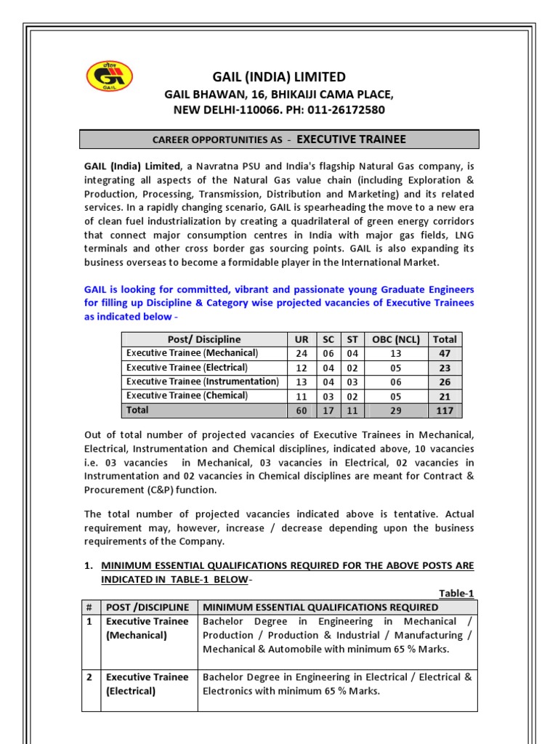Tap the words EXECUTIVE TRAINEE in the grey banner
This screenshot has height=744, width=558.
(352, 139)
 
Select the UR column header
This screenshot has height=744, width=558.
(302, 339)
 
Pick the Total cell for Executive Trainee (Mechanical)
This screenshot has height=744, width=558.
(444, 353)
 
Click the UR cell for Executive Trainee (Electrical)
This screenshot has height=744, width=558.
(302, 368)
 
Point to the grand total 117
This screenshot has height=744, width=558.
(444, 411)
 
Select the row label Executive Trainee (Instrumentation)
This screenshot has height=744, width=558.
(202, 381)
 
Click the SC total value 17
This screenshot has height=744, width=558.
(328, 411)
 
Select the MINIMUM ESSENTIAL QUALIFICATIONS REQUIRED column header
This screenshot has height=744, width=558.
(320, 607)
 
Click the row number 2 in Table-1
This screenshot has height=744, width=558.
(89, 677)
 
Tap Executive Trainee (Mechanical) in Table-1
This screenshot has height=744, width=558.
(147, 628)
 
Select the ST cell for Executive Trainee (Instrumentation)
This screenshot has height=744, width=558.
(352, 381)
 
